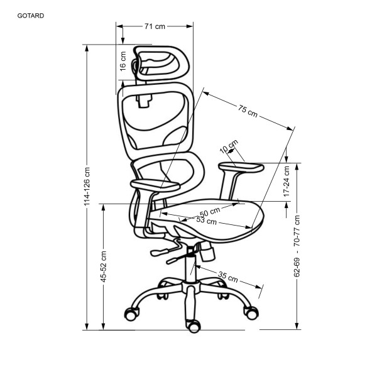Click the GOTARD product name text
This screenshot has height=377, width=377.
click(31, 16)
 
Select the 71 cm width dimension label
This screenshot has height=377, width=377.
click(155, 26)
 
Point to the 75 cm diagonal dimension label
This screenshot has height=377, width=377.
click(248, 112)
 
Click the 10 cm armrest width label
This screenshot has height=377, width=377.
click(229, 148)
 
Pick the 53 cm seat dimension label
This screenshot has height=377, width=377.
click(206, 221)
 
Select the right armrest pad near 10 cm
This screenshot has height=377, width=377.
click(239, 167)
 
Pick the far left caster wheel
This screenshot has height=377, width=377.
click(132, 313)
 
